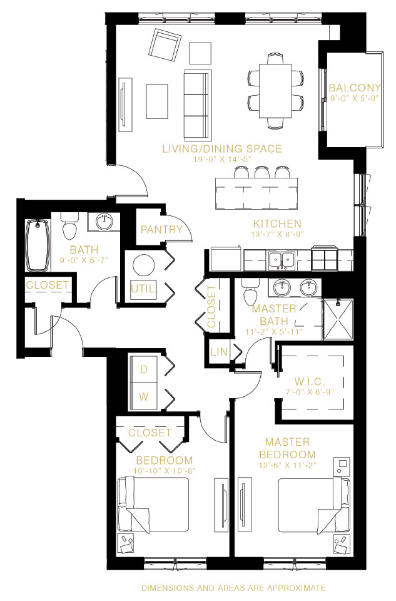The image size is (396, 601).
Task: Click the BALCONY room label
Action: click(x=355, y=88)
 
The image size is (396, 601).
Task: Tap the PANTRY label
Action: click(x=161, y=230)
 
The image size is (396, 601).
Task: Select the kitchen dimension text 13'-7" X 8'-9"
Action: click(x=278, y=234)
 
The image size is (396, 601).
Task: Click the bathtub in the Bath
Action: click(x=38, y=245)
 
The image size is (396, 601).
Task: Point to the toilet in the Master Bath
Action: click(x=250, y=292)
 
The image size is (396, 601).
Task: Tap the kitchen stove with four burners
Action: click(x=325, y=259)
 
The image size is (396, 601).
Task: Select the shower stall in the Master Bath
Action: click(x=338, y=319)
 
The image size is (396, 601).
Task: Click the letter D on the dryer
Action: click(x=144, y=369)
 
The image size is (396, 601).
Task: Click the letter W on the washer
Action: click(x=144, y=396)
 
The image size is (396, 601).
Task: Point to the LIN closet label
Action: click(x=219, y=351)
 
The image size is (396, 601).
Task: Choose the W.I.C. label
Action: click(x=310, y=382)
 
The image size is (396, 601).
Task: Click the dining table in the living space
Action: click(x=275, y=91)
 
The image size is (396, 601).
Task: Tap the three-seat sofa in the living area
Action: click(x=198, y=105)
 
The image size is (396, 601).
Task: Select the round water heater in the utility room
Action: click(x=144, y=264)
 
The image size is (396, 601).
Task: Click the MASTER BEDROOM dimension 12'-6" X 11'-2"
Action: click(x=287, y=465)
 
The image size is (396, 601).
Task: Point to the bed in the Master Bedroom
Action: click(x=314, y=505)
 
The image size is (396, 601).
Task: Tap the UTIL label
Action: click(x=144, y=289)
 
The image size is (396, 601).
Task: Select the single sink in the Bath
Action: click(x=104, y=222)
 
